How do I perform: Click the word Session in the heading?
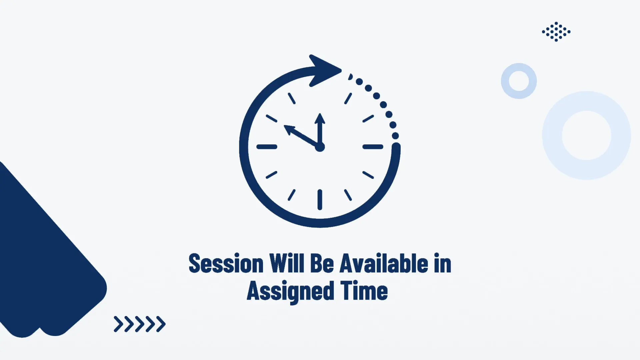[226, 263]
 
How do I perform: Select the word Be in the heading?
[322, 263]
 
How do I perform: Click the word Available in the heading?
[384, 263]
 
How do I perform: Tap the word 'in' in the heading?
[443, 263]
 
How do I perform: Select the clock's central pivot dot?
[320, 147]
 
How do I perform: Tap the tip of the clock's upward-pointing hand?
[320, 114]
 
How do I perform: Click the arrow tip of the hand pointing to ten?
[284, 125]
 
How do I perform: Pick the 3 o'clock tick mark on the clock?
[373, 147]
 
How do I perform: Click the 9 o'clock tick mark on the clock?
[267, 147]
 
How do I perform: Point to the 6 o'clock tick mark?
[320, 200]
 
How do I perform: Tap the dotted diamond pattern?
[556, 32]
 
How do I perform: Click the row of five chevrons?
[140, 324]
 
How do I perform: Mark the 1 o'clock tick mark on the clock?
[348, 98]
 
